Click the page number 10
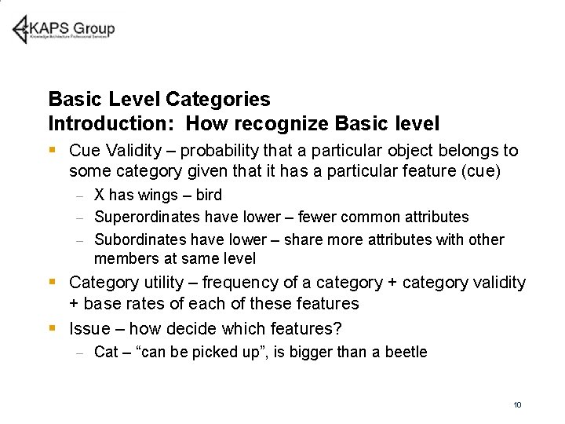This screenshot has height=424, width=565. click(517, 404)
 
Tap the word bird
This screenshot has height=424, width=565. click(207, 196)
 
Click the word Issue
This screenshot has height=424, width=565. click(89, 329)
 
